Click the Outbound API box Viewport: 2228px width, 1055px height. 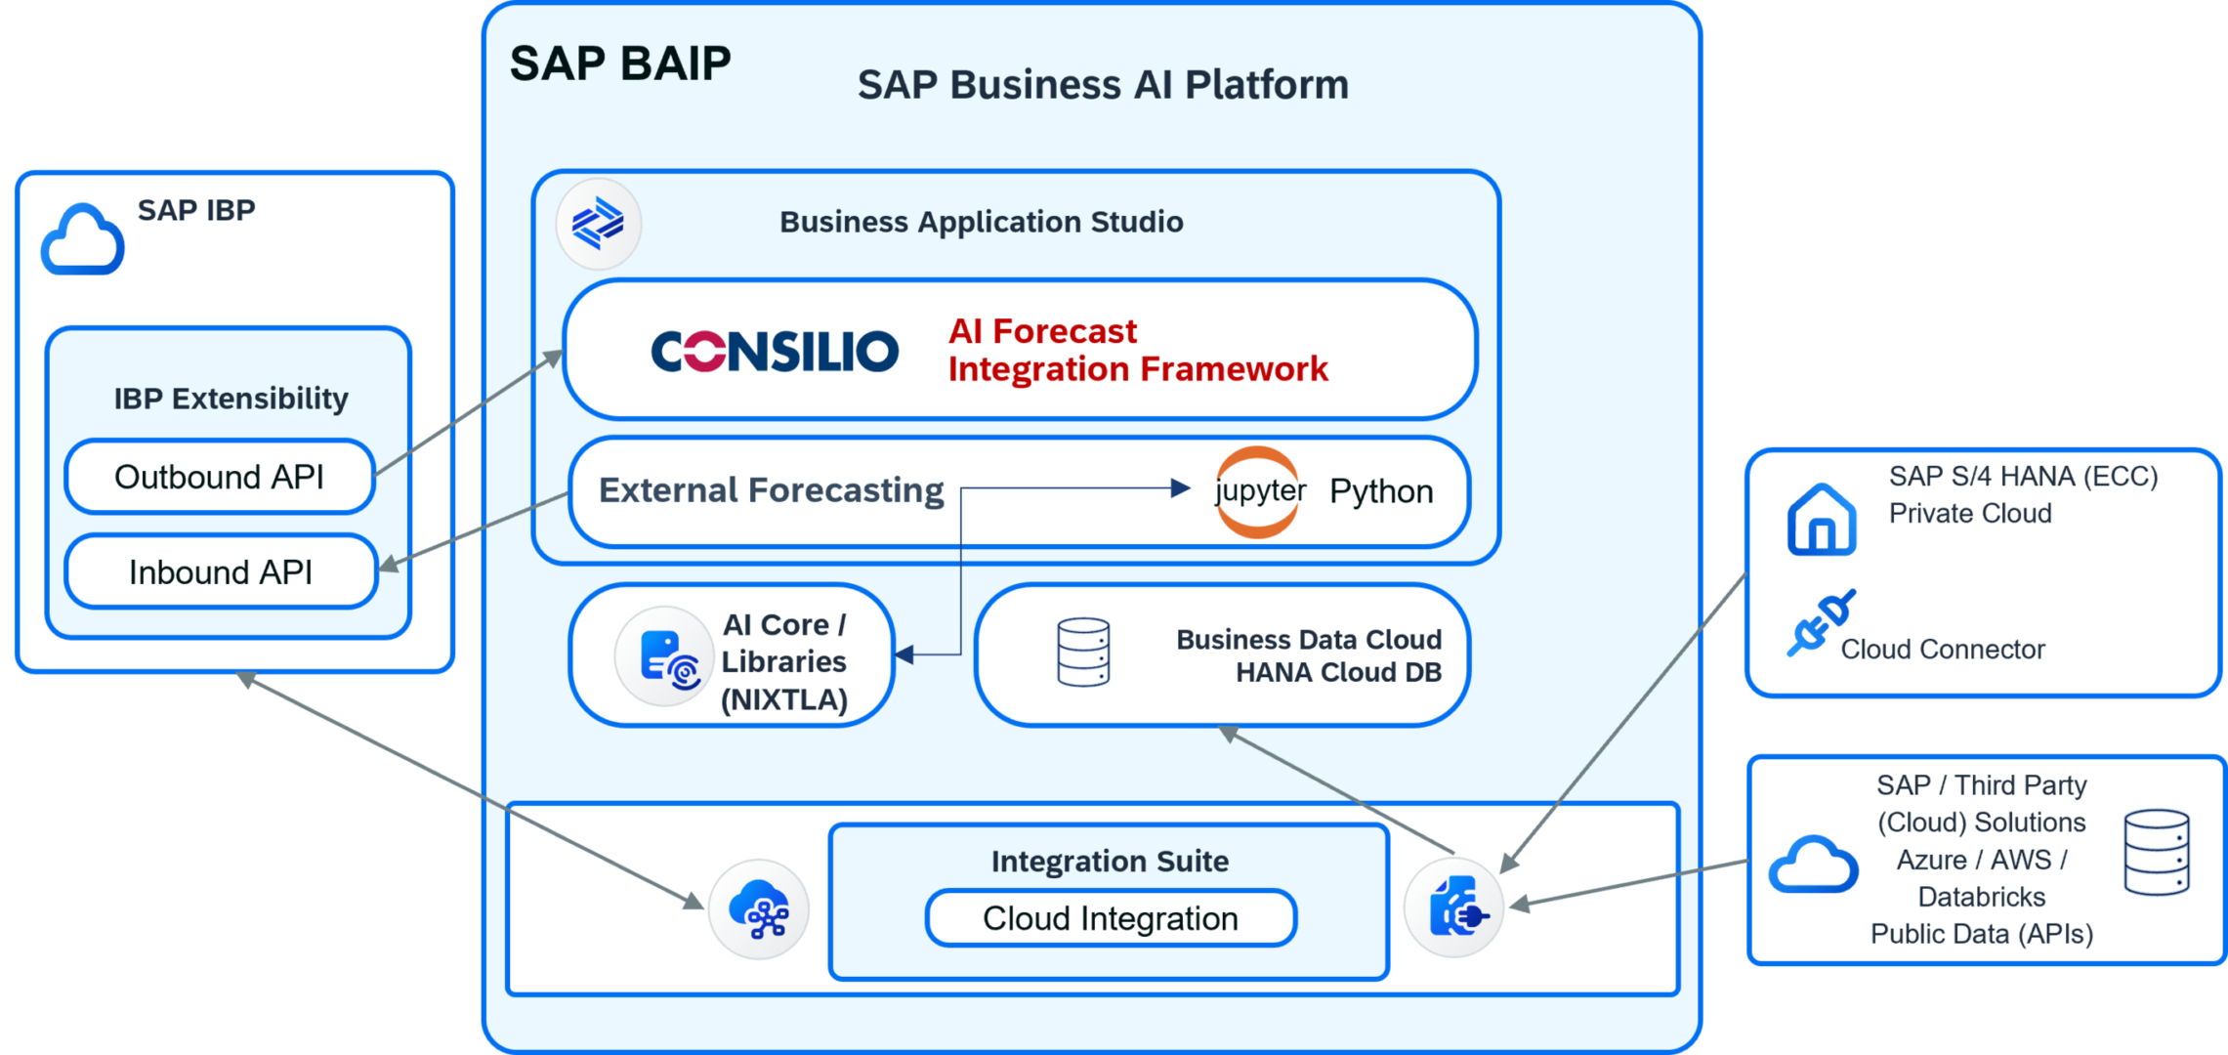tap(220, 477)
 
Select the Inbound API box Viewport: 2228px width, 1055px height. tap(221, 571)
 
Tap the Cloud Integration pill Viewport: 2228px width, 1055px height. tap(1111, 918)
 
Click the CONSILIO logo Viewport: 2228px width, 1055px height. tap(775, 351)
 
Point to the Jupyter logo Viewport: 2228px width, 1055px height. tap(1259, 492)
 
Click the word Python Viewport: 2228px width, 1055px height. tap(1381, 491)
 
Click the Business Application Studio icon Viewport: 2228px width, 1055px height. tap(598, 224)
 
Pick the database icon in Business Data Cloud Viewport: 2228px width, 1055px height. tap(1083, 652)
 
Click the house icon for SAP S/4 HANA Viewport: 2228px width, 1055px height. tap(1821, 520)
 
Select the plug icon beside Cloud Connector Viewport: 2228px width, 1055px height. tap(1821, 622)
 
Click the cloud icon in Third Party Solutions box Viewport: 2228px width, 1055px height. tap(1814, 865)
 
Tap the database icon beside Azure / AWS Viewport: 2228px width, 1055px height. tap(2157, 852)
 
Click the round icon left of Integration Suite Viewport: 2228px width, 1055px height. tap(759, 909)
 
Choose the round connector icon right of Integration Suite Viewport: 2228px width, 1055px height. tap(1454, 908)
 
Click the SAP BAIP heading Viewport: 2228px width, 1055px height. tap(620, 63)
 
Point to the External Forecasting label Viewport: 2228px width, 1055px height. tap(772, 490)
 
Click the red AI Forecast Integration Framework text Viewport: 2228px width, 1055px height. tap(1138, 351)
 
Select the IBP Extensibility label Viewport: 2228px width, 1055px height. tap(231, 399)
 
